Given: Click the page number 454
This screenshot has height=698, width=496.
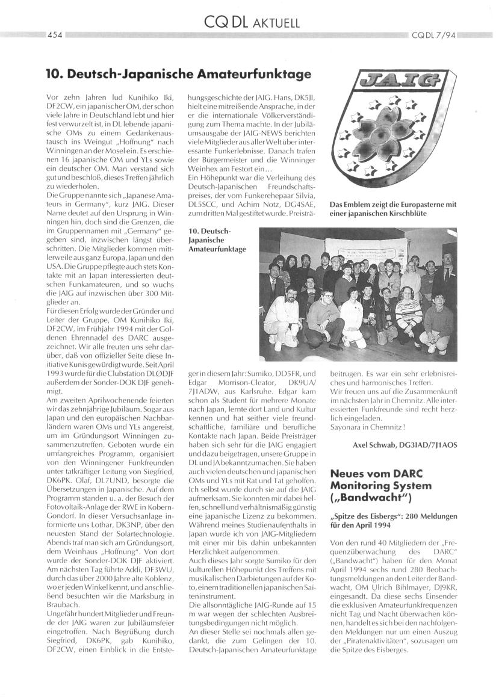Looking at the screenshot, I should click(x=56, y=35).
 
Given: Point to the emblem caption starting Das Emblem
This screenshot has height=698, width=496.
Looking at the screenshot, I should click(x=392, y=209).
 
